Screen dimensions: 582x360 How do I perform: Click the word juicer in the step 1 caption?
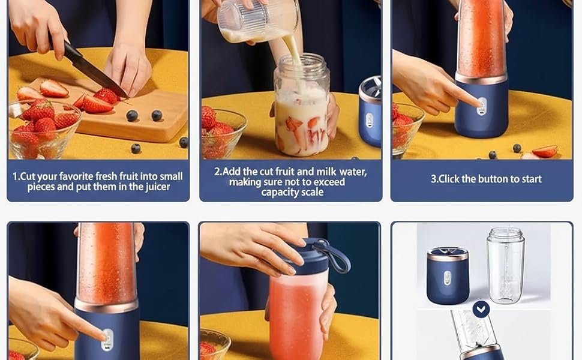pyautogui.click(x=157, y=187)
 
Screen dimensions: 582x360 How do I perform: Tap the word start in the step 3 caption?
pyautogui.click(x=532, y=179)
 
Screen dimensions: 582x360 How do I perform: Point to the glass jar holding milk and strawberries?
pyautogui.click(x=301, y=106)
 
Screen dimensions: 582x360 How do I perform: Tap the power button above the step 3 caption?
pyautogui.click(x=481, y=106)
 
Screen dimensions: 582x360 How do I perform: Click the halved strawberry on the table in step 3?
pyautogui.click(x=545, y=151)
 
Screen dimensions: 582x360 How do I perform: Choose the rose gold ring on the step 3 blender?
pyautogui.click(x=481, y=78)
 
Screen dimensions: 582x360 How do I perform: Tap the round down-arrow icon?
pyautogui.click(x=481, y=309)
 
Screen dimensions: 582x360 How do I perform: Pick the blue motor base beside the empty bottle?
pyautogui.click(x=448, y=276)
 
